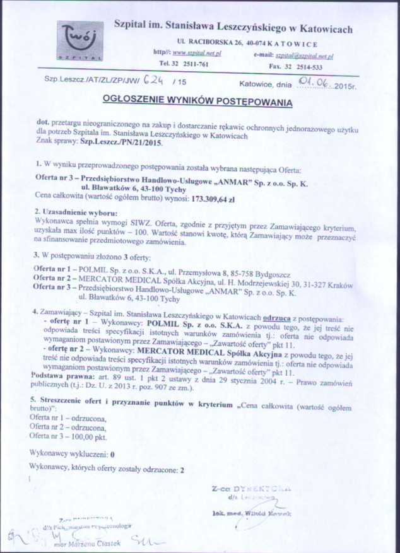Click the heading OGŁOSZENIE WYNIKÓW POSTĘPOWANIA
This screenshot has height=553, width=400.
pyautogui.click(x=197, y=101)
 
